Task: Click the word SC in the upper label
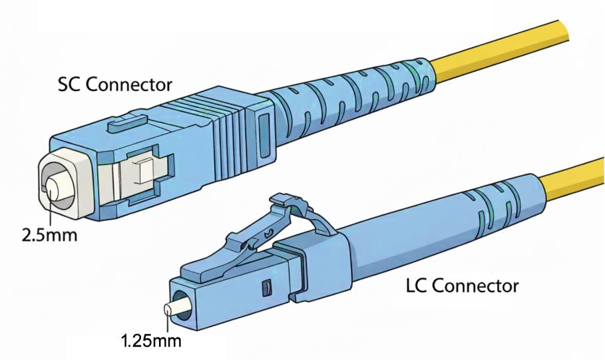[x=70, y=85]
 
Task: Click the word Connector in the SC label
[x=129, y=85]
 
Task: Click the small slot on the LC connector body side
[x=266, y=288]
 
